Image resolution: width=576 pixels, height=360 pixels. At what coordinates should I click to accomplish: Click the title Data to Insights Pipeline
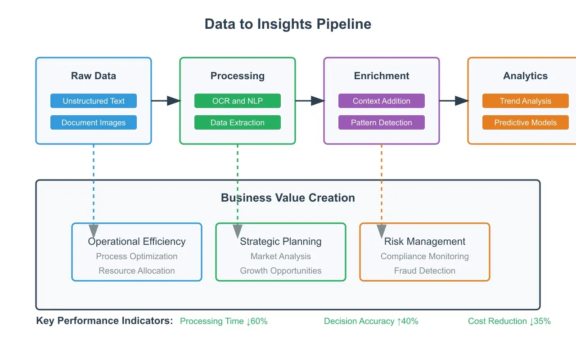pyautogui.click(x=288, y=24)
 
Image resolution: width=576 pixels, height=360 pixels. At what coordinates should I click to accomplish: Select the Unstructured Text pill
pyautogui.click(x=94, y=101)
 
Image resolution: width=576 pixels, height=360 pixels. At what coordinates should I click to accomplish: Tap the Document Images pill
pyautogui.click(x=94, y=122)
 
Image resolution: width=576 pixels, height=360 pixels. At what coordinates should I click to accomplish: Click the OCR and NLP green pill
pyautogui.click(x=238, y=101)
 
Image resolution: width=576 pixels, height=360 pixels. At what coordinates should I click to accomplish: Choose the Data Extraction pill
pyautogui.click(x=238, y=122)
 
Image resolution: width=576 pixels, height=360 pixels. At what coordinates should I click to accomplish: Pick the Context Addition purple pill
pyautogui.click(x=382, y=101)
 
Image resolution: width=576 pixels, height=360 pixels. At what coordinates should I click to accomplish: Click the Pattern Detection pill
pyautogui.click(x=382, y=122)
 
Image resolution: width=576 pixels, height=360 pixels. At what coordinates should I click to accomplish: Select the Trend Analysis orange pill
pyautogui.click(x=526, y=101)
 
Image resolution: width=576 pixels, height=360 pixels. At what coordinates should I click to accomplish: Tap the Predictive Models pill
pyautogui.click(x=526, y=122)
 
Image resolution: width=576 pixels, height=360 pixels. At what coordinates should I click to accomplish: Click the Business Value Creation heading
pyautogui.click(x=288, y=198)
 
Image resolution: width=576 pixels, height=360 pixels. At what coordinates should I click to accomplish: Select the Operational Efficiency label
pyautogui.click(x=137, y=241)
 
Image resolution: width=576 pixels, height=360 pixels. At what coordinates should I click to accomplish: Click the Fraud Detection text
pyautogui.click(x=425, y=270)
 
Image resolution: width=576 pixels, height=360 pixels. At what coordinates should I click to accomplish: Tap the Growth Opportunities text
pyautogui.click(x=281, y=270)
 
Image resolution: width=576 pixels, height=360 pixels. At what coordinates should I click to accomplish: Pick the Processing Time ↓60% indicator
pyautogui.click(x=224, y=321)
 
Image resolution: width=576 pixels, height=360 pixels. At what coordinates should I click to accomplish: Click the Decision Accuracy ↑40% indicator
pyautogui.click(x=371, y=321)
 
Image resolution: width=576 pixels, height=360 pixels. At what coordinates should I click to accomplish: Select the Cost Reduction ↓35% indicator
pyautogui.click(x=509, y=321)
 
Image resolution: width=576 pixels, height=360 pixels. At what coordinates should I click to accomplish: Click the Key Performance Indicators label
pyautogui.click(x=104, y=321)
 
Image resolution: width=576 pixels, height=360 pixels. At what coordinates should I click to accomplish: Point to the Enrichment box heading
pyautogui.click(x=382, y=76)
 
